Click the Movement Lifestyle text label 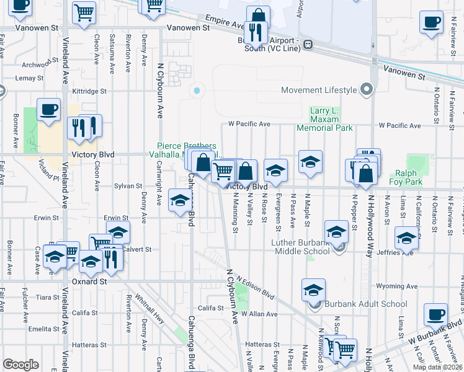tap(319, 90)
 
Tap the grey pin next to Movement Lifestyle tap(366, 90)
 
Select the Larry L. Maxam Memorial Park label tap(324, 120)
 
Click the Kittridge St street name tap(90, 91)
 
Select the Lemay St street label tap(29, 78)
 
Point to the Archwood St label tap(37, 64)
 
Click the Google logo tap(20, 365)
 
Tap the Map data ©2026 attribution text tap(438, 367)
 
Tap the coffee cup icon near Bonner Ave tap(48, 110)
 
